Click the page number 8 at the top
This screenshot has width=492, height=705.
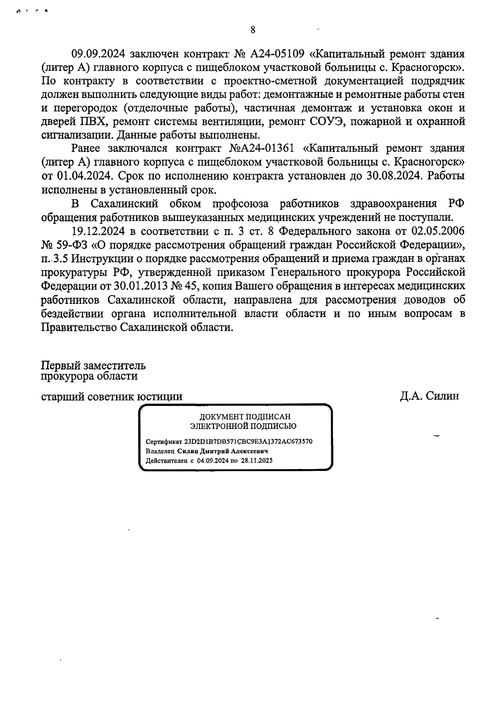click(253, 30)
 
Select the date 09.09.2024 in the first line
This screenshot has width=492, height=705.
click(99, 55)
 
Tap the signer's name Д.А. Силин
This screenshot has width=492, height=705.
click(429, 396)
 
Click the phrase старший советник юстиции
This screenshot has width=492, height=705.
click(112, 396)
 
